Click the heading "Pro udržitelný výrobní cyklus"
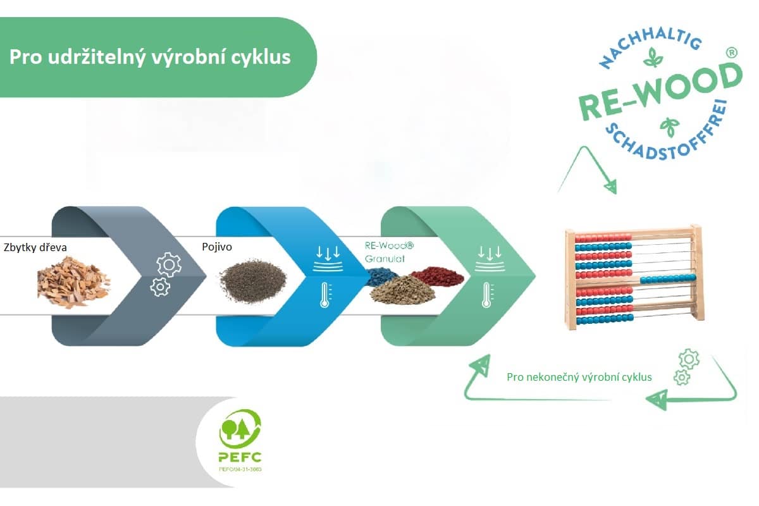click(x=150, y=57)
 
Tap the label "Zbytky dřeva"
click(x=35, y=248)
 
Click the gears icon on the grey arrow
click(x=165, y=274)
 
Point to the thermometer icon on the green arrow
click(x=486, y=294)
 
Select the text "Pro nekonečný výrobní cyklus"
click(x=579, y=378)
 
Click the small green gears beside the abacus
click(x=686, y=367)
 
